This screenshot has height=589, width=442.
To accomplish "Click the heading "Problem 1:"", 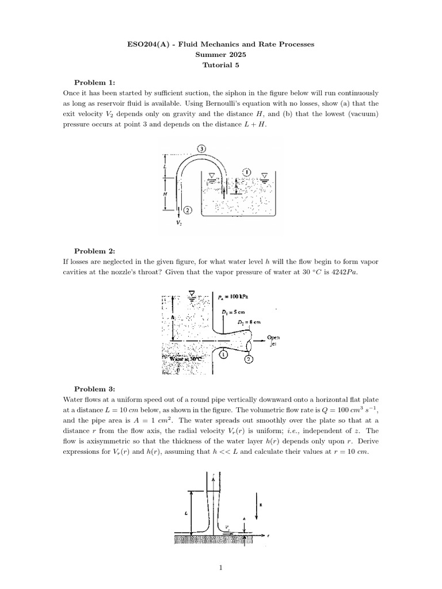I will [x=95, y=82].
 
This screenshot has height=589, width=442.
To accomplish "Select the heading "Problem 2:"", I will [x=95, y=251].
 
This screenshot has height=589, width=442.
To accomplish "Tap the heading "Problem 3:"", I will [x=95, y=389].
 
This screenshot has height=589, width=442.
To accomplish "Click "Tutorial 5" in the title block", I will [x=220, y=65].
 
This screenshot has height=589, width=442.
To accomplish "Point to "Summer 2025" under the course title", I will [x=220, y=55].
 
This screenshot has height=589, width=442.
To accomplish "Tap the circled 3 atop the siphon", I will [x=201, y=149].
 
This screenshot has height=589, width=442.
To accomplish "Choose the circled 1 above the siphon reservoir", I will [x=246, y=171].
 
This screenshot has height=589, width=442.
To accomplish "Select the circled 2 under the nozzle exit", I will [x=249, y=359].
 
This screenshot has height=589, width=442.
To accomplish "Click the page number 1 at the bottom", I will [x=220, y=569].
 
